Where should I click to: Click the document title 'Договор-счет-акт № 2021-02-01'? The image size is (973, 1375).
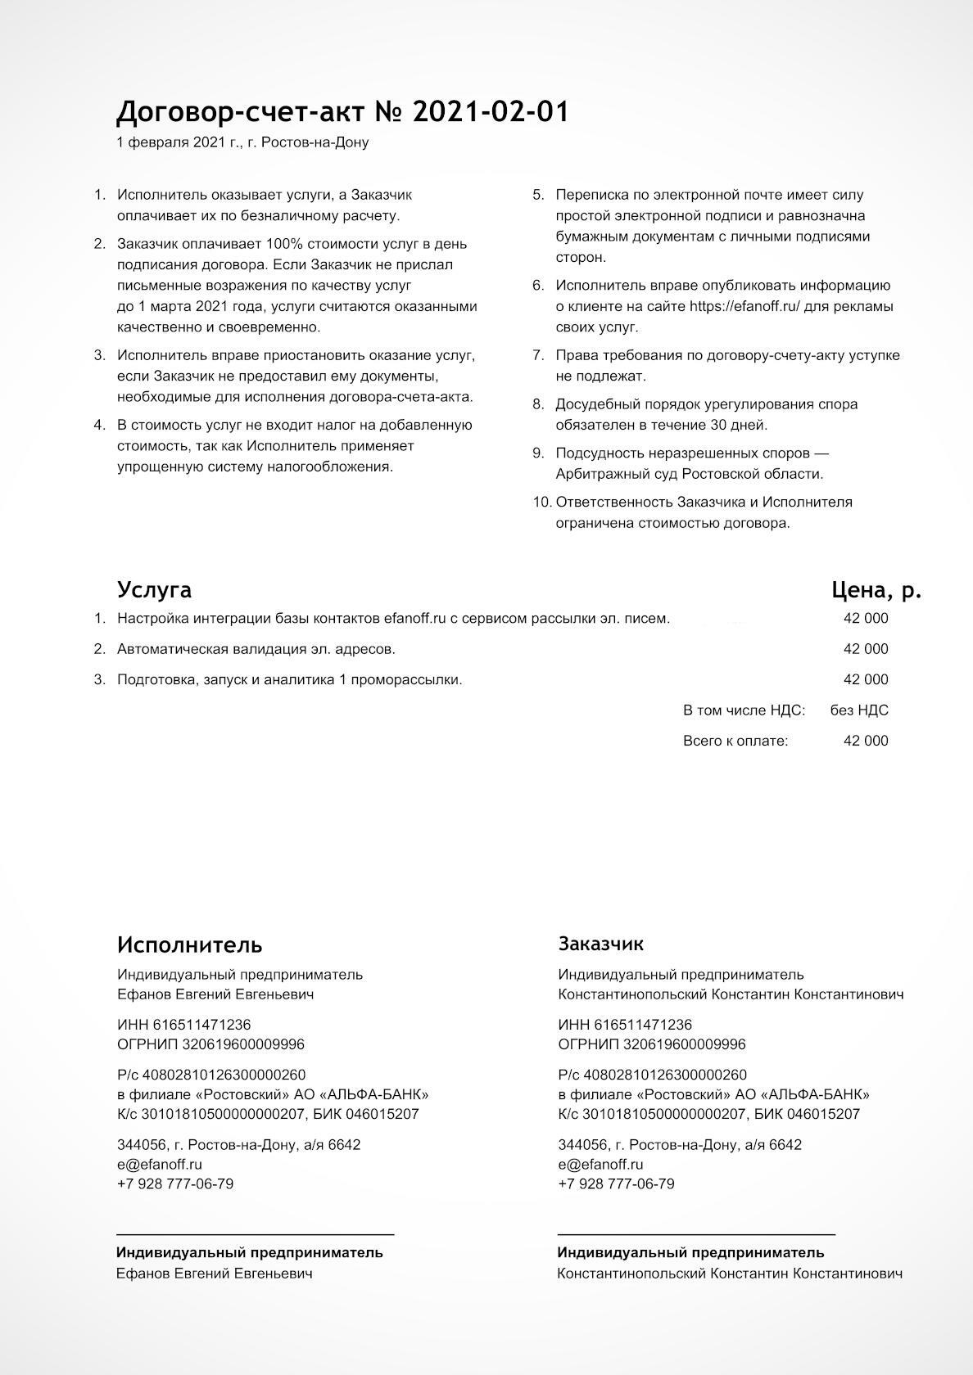point(342,112)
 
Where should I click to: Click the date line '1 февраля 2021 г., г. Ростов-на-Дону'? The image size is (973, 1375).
point(242,142)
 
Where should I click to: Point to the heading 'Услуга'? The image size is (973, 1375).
point(154,589)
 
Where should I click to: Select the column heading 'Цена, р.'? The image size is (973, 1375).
point(876,589)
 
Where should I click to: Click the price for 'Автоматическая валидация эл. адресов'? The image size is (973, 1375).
point(865,649)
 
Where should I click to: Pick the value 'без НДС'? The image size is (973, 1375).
point(858,710)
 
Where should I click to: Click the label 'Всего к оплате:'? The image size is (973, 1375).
point(735,741)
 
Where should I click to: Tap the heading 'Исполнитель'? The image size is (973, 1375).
point(189,944)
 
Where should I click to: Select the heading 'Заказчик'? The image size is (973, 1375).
point(600,944)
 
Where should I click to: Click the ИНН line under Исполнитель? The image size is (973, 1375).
point(183,1025)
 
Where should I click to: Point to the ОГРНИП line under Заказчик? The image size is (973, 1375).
point(651,1044)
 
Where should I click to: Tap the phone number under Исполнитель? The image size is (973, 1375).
point(174,1183)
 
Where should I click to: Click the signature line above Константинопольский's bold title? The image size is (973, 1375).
point(695,1233)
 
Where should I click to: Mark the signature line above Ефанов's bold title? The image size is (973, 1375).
point(255,1233)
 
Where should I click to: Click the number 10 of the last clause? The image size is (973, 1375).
point(541,502)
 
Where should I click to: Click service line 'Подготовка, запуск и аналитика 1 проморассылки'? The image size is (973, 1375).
point(289,679)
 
